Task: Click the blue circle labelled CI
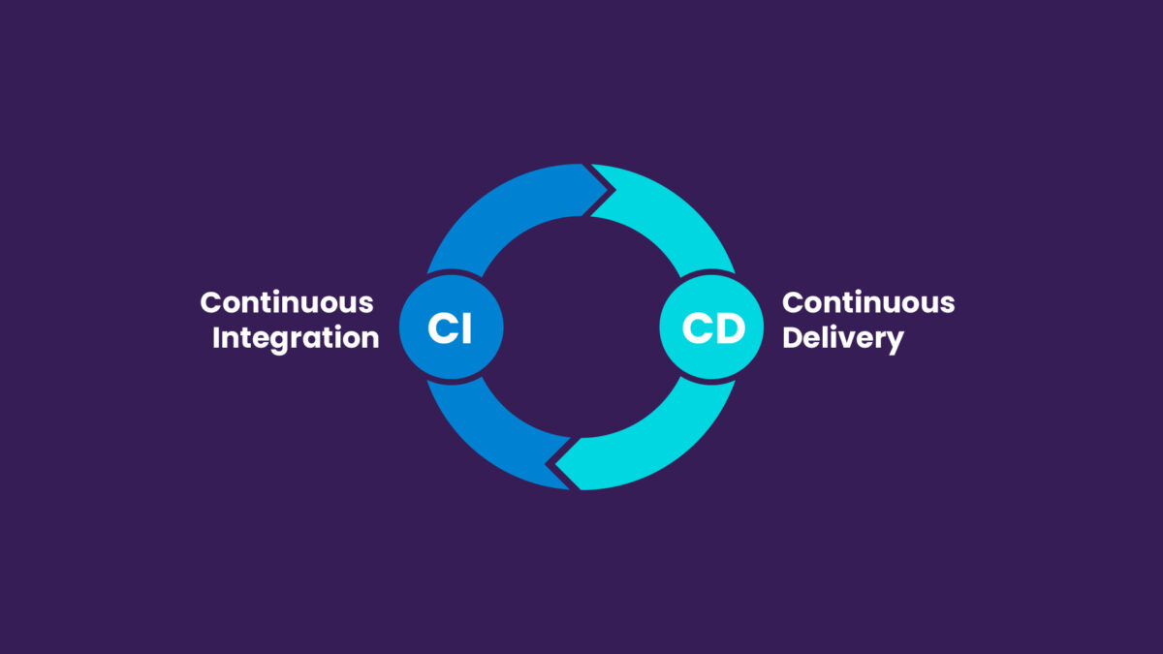[452, 327]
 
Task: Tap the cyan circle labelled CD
[711, 327]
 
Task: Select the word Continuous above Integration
[287, 302]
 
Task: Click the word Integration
[296, 338]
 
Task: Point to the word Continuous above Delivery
[868, 302]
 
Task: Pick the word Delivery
[843, 338]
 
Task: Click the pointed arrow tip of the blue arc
[608, 190]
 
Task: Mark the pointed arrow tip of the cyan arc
[555, 464]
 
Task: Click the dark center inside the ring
[581, 327]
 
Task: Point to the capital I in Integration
[216, 338]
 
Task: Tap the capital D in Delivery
[793, 338]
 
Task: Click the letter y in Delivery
[894, 343]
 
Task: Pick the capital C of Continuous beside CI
[211, 302]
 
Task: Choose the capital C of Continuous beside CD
[793, 302]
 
